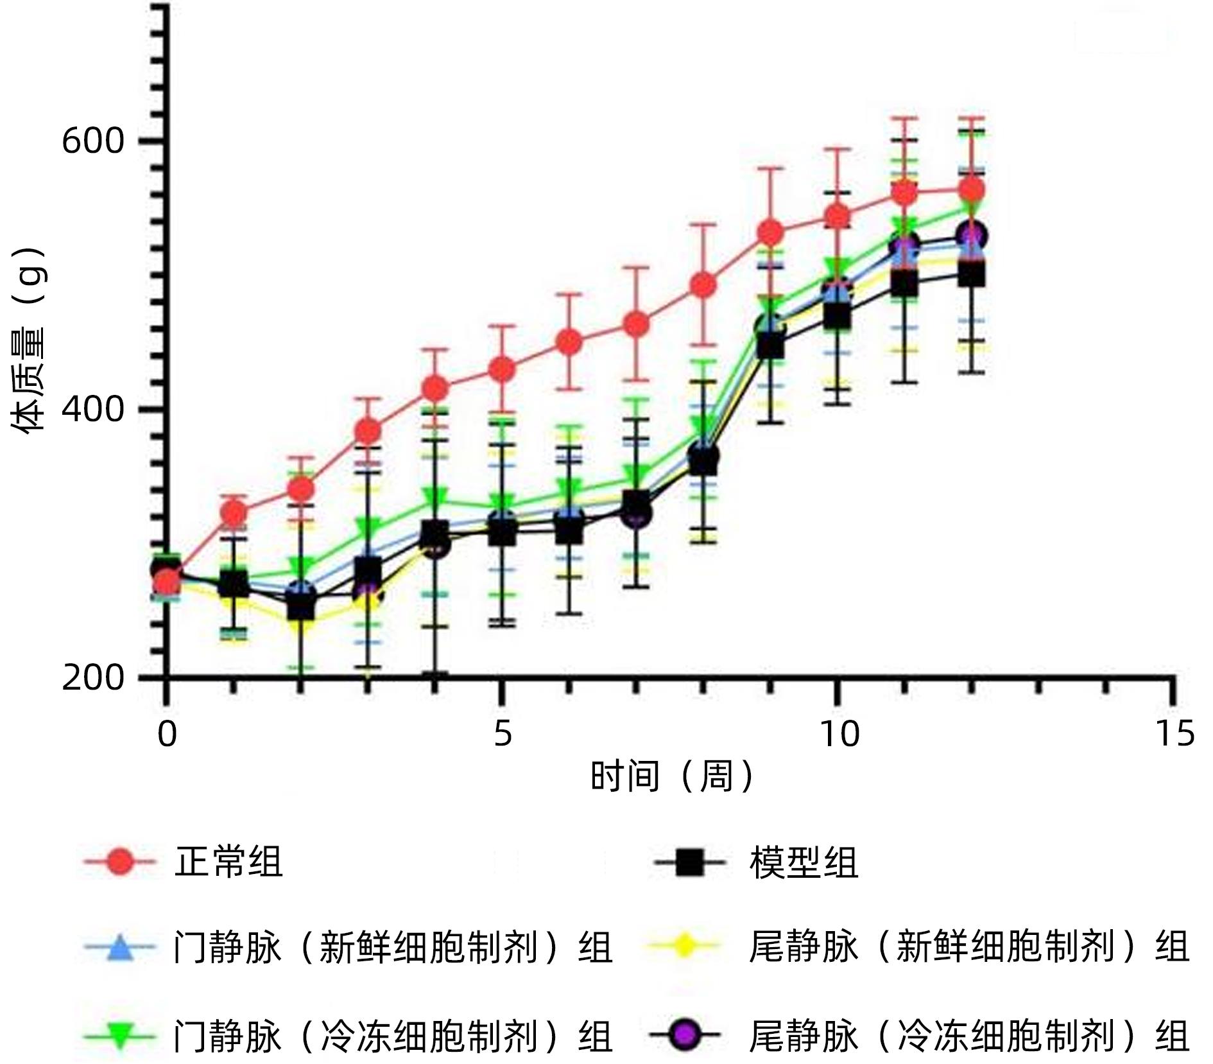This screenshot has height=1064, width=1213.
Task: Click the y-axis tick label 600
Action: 93,141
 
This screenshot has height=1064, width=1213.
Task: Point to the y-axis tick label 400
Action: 93,409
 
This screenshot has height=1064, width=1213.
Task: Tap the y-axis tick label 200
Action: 93,677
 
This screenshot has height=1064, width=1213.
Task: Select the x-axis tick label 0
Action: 167,734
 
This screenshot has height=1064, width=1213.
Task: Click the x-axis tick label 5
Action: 503,734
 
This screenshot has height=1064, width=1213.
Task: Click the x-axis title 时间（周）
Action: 671,776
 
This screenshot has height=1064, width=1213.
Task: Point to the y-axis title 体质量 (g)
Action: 29,340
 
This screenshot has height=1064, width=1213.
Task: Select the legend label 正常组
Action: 228,862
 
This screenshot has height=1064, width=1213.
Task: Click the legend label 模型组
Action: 804,862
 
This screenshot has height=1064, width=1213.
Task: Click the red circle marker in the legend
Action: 120,862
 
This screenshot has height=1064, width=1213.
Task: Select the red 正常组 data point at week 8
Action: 703,284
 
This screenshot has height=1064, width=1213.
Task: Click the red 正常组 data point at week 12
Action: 972,190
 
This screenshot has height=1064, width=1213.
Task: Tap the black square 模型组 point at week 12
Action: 972,275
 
